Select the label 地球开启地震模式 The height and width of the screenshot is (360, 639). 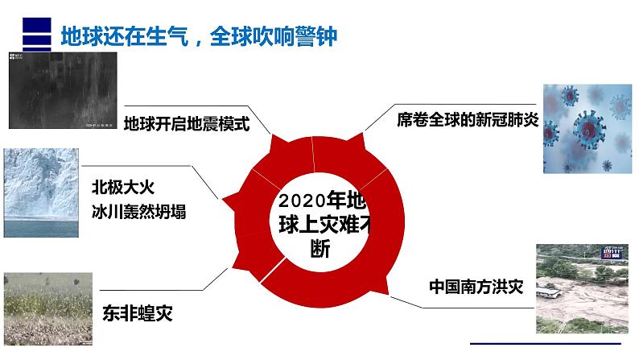point(187,124)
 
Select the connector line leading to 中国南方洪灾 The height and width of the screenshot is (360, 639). point(451,308)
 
